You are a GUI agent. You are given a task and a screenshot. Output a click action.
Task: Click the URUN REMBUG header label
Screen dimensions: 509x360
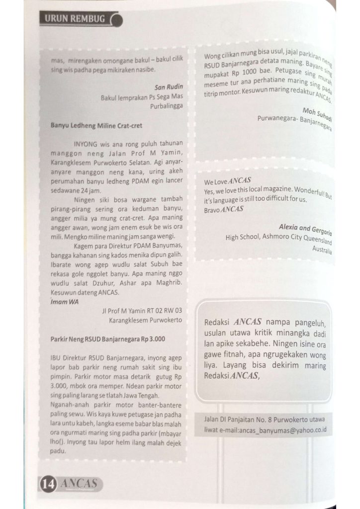tap(75, 18)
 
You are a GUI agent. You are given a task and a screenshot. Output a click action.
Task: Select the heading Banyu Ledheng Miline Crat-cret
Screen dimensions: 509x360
tap(96, 126)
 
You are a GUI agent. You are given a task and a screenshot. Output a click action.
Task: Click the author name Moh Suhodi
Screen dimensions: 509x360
tap(317, 113)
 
